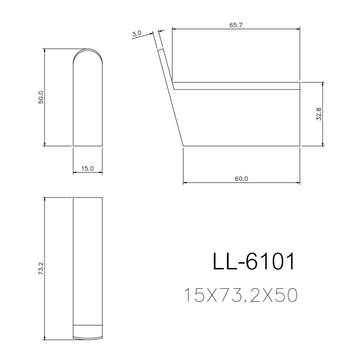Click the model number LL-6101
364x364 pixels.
point(253,262)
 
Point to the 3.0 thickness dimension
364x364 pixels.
point(137,33)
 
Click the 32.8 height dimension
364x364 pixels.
point(319,114)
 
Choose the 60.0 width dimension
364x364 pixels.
point(241,178)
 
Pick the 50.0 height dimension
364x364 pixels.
point(41,97)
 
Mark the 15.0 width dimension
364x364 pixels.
point(87,169)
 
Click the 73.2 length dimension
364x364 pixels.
point(41,269)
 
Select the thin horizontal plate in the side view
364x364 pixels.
point(237,86)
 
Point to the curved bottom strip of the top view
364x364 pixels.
point(88,332)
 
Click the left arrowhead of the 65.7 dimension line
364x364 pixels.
point(174,28)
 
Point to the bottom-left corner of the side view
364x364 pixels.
point(183,146)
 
